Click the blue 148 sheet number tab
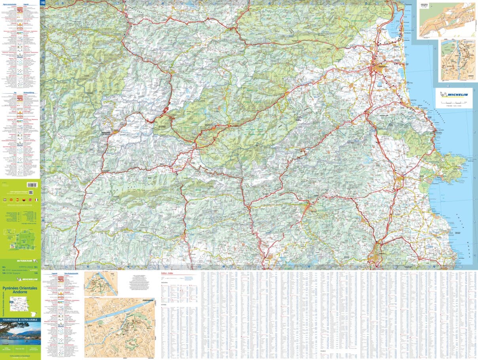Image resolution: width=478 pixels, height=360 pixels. click(x=43, y=3)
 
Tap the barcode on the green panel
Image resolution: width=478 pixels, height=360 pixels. click(x=32, y=185)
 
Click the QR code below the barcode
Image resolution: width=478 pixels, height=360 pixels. click(x=30, y=192)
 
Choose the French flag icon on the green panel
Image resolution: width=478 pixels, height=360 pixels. click(x=36, y=200)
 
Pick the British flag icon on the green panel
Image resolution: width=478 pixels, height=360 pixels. click(x=30, y=200)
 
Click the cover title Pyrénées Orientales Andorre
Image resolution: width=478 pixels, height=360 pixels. click(x=20, y=290)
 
